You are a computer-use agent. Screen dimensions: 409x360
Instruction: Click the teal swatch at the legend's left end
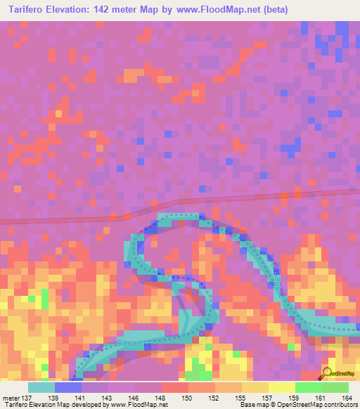point(41,387)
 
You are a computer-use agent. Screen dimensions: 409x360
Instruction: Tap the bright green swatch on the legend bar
point(308,387)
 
